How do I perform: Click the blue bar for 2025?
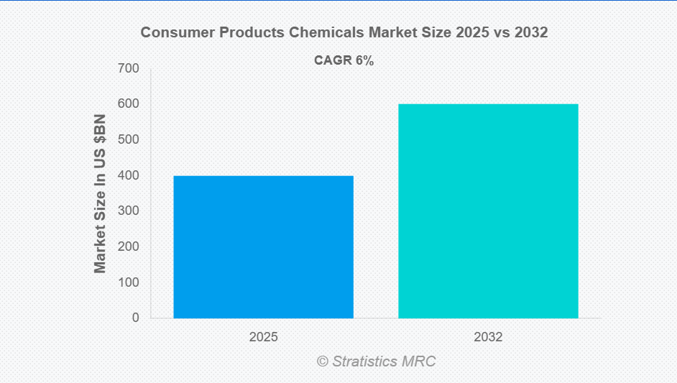point(263,246)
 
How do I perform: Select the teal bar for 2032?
point(488,211)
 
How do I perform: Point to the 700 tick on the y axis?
point(130,68)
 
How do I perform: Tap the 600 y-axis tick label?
point(130,104)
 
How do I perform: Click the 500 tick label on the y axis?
point(130,139)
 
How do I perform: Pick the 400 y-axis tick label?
point(130,175)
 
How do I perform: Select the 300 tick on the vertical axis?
point(130,211)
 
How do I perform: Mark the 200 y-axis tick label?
point(130,246)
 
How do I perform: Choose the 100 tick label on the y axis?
point(130,282)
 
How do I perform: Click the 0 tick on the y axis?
point(136,318)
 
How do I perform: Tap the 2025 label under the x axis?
point(263,336)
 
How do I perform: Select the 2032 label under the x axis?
point(488,336)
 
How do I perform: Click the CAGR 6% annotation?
point(344,61)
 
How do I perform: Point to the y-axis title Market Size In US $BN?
point(100,193)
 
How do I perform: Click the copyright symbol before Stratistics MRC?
point(323,361)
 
